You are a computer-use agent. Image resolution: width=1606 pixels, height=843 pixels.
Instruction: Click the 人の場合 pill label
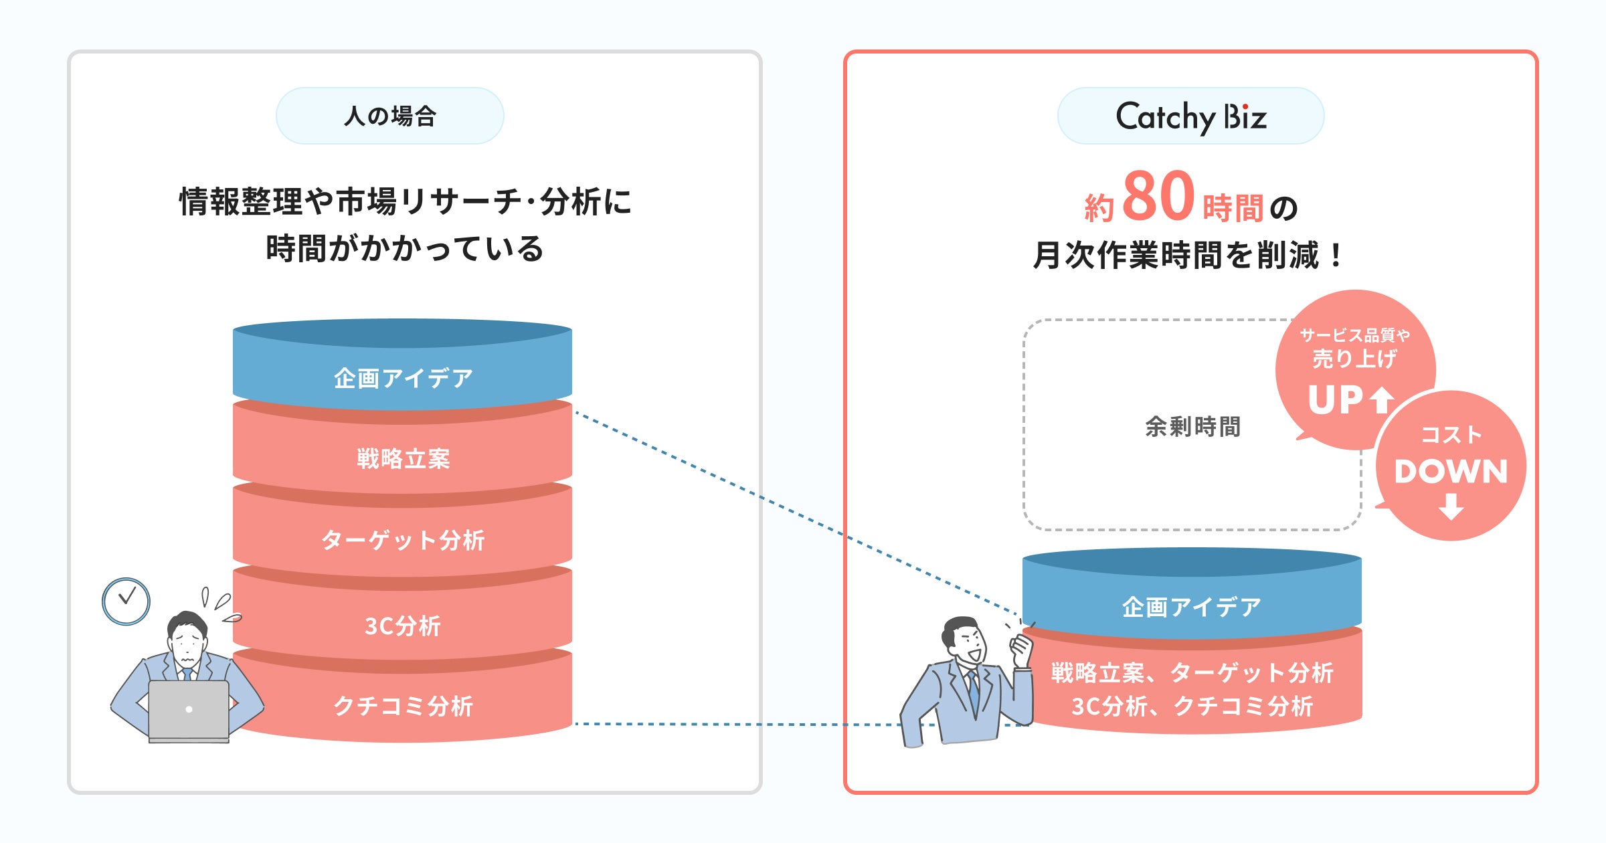pos(389,116)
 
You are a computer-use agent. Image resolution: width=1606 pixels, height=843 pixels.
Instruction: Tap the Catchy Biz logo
pos(1190,116)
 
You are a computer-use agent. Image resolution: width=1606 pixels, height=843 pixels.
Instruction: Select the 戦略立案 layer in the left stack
pos(403,459)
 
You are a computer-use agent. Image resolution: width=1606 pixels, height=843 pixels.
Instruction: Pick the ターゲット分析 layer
pos(403,539)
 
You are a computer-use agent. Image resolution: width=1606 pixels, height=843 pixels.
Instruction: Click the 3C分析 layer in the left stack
pos(403,626)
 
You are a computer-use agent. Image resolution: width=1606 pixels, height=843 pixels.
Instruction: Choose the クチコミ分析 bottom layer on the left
pos(403,706)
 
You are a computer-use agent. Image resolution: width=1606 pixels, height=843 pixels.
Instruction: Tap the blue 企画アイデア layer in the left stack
pos(403,378)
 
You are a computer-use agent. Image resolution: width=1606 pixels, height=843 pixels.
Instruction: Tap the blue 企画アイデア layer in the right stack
pos(1191,607)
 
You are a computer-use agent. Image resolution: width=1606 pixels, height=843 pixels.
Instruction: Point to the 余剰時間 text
pos(1192,426)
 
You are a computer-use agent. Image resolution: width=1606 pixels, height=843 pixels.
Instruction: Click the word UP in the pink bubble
pos(1336,400)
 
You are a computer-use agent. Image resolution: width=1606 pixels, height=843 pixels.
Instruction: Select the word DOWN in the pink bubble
pos(1451,471)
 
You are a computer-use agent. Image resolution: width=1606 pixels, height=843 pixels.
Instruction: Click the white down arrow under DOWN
pos(1451,506)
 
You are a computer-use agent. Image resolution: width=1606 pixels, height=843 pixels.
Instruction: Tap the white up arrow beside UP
pos(1381,400)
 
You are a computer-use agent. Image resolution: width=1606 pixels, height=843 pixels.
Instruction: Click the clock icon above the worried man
pos(126,601)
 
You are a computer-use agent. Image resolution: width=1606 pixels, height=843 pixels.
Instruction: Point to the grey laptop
pos(189,710)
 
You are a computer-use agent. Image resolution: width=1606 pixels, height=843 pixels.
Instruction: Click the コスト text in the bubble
pos(1451,435)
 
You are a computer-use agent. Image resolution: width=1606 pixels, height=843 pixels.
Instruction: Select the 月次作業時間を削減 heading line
pos(1187,255)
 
